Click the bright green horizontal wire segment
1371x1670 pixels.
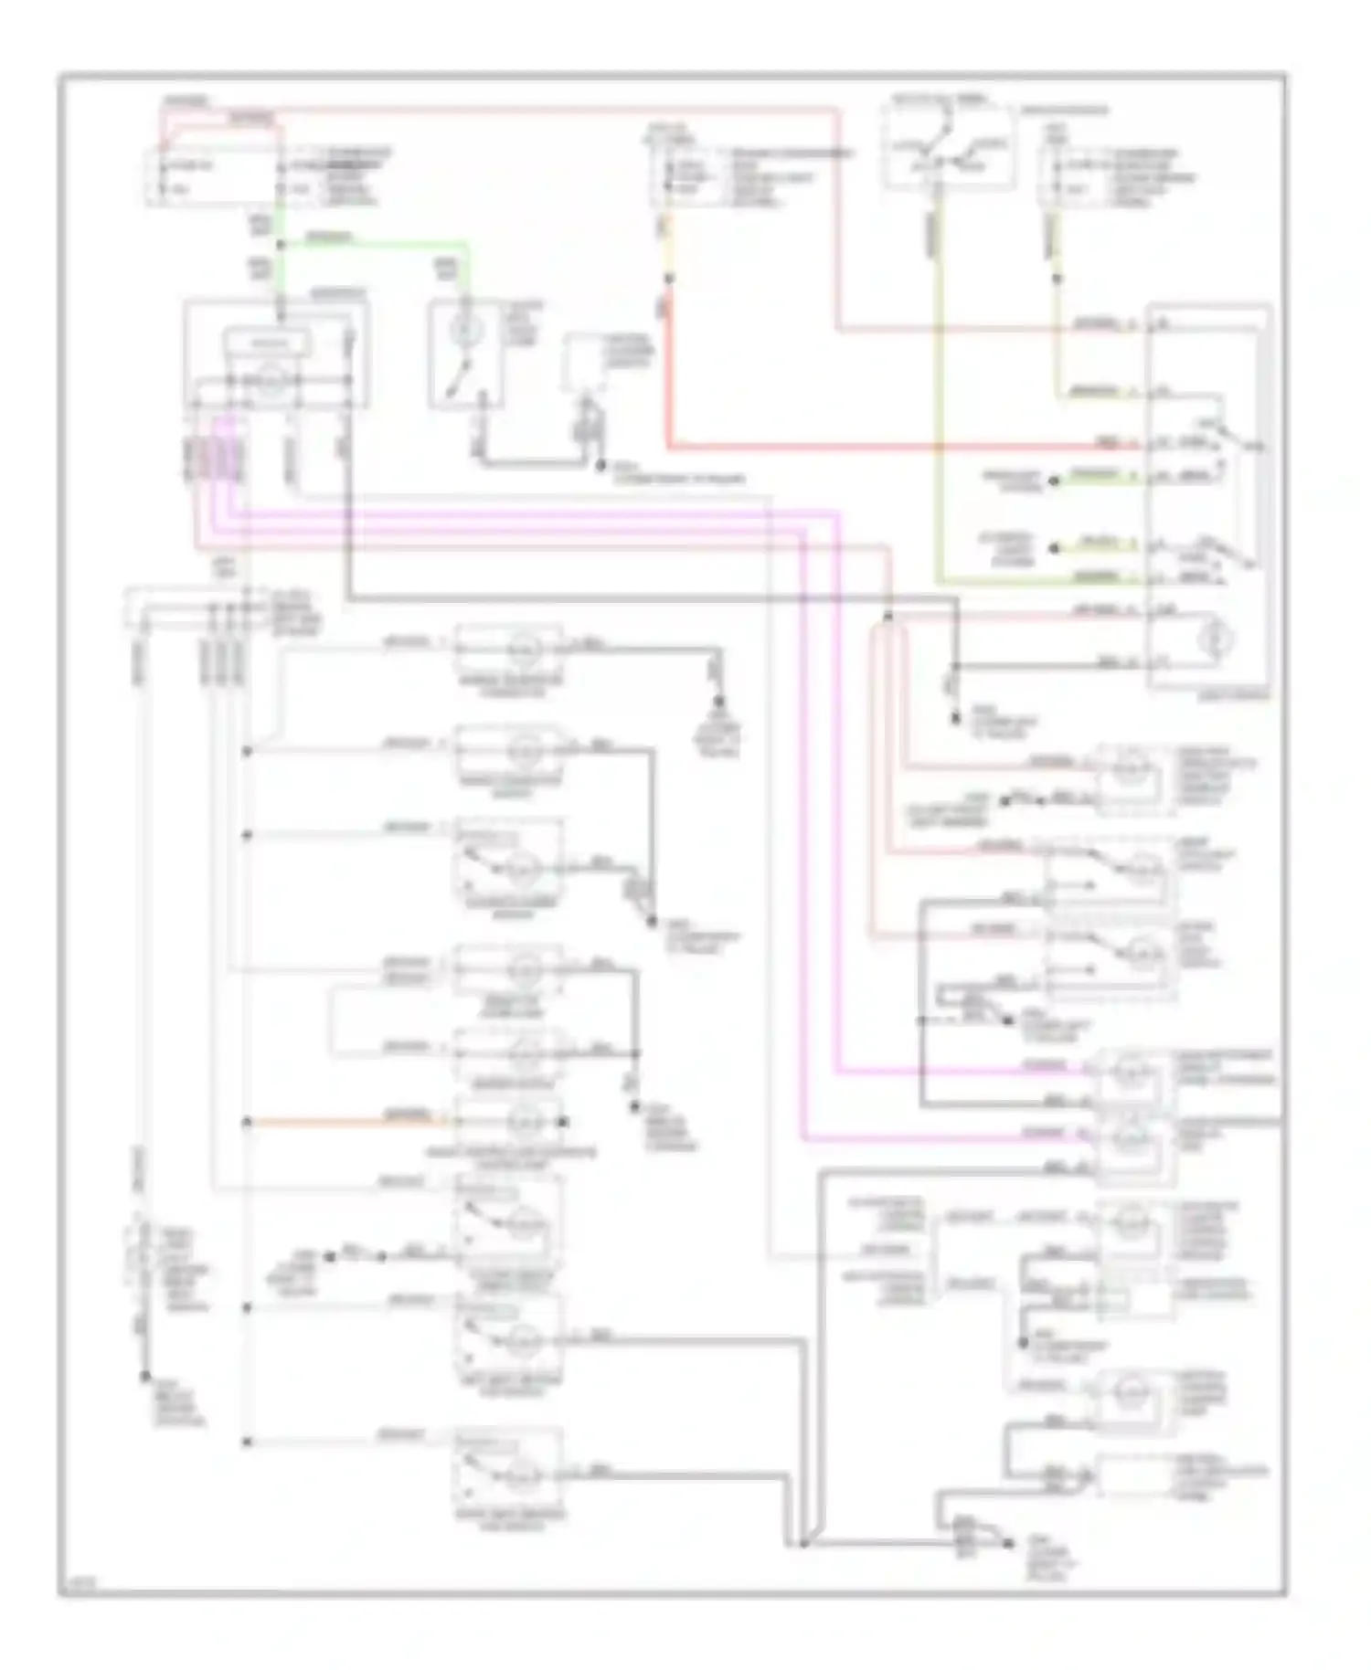[375, 244]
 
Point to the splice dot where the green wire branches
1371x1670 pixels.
[280, 244]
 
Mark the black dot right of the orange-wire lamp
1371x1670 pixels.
[564, 1122]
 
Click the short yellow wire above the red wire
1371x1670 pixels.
[668, 247]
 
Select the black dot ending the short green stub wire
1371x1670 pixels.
[1052, 481]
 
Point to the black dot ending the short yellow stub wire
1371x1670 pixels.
[1052, 549]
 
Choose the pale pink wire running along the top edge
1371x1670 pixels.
[548, 109]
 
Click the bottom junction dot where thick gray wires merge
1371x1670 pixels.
[802, 1545]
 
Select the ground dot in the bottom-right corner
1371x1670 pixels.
[1008, 1545]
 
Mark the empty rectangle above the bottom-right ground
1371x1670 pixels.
[1133, 1476]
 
